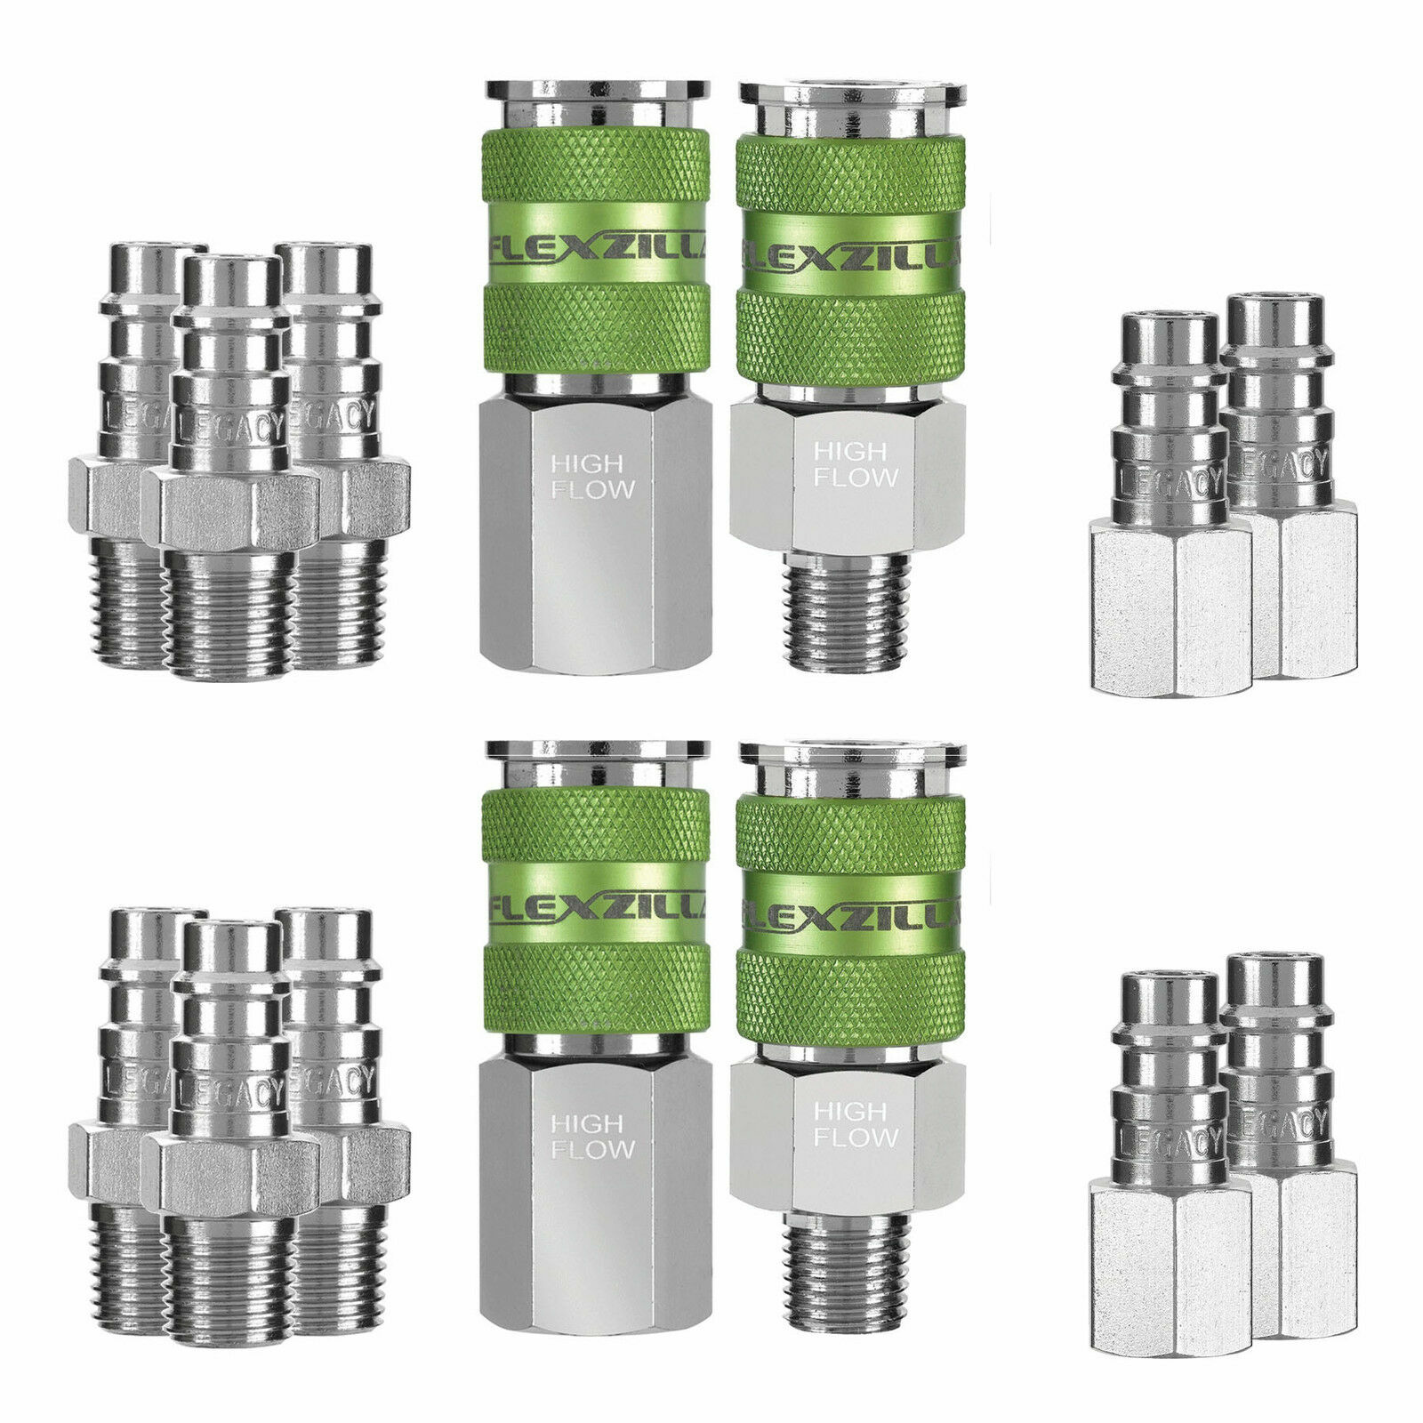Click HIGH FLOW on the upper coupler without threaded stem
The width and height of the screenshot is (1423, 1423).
[x=592, y=476]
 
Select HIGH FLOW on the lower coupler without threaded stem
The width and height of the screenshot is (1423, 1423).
[x=592, y=1137]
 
